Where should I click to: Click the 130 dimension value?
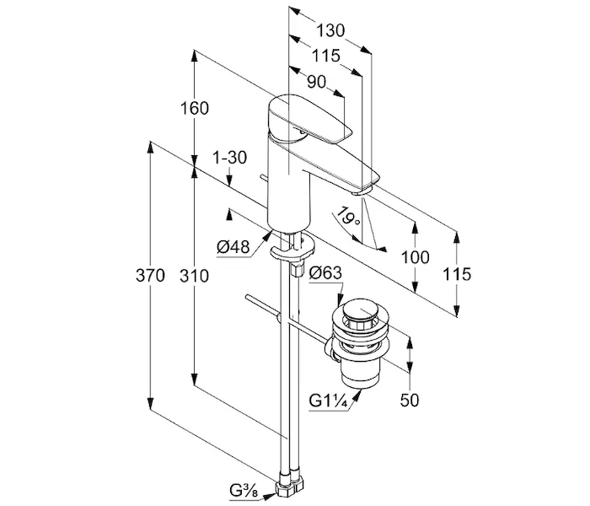pyautogui.click(x=331, y=30)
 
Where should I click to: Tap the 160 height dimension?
pyautogui.click(x=194, y=109)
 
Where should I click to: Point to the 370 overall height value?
pyautogui.click(x=149, y=276)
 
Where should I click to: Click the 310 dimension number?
pyautogui.click(x=194, y=276)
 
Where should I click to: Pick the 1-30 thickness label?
pyautogui.click(x=230, y=158)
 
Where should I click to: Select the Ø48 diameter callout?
pyautogui.click(x=233, y=246)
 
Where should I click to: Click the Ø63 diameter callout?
pyautogui.click(x=324, y=272)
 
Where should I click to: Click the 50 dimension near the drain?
pyautogui.click(x=410, y=400)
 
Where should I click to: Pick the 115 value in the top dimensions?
pyautogui.click(x=324, y=56)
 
